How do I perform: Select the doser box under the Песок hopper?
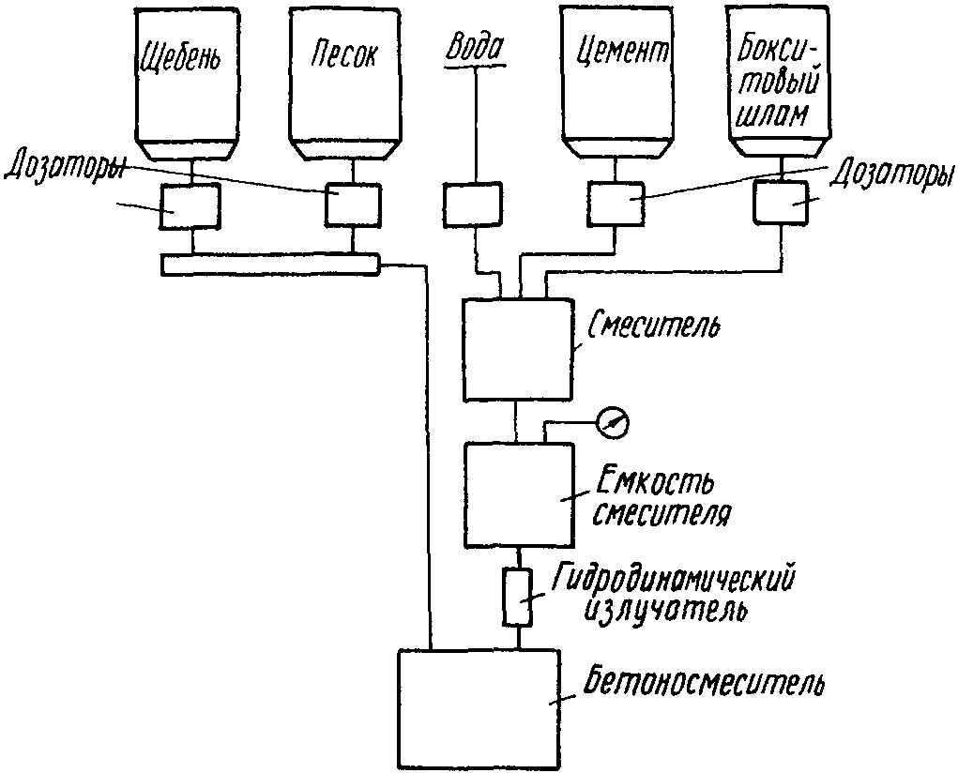pos(352,205)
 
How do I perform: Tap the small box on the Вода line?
pos(472,204)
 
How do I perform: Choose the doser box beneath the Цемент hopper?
pos(616,204)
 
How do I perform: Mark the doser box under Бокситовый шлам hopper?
pos(781,202)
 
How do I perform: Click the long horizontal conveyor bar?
pos(270,264)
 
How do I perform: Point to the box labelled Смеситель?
pos(518,349)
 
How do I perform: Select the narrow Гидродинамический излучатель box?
pos(517,597)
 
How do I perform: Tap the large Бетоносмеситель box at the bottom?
pos(479,709)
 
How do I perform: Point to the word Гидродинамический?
pos(672,578)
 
